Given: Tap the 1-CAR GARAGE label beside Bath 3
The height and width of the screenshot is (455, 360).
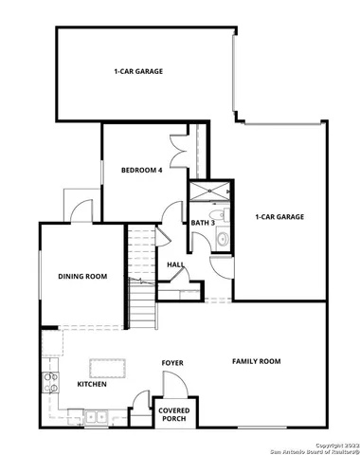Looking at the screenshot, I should tap(279, 217).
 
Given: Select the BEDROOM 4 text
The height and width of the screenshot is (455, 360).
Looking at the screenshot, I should tap(142, 171).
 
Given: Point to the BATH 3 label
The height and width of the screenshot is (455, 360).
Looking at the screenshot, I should tap(203, 223).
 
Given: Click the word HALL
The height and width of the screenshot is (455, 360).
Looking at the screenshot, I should tap(175, 265).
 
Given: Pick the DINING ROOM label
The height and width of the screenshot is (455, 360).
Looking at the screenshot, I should tap(82, 277).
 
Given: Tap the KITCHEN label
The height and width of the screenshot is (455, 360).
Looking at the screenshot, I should tap(92, 384).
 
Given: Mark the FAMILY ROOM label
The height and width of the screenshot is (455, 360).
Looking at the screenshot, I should tap(257, 361).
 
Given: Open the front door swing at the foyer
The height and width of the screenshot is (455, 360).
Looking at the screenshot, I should tap(144, 402).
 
